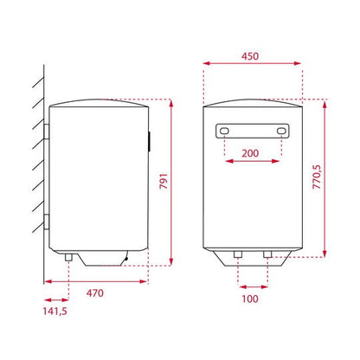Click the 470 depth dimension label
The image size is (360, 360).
(95, 293)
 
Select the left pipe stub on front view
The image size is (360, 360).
(236, 255)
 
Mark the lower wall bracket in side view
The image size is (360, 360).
(45, 216)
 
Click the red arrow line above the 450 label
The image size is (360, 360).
(252, 63)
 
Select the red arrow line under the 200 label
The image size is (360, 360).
(252, 160)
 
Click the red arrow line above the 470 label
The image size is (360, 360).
(95, 281)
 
